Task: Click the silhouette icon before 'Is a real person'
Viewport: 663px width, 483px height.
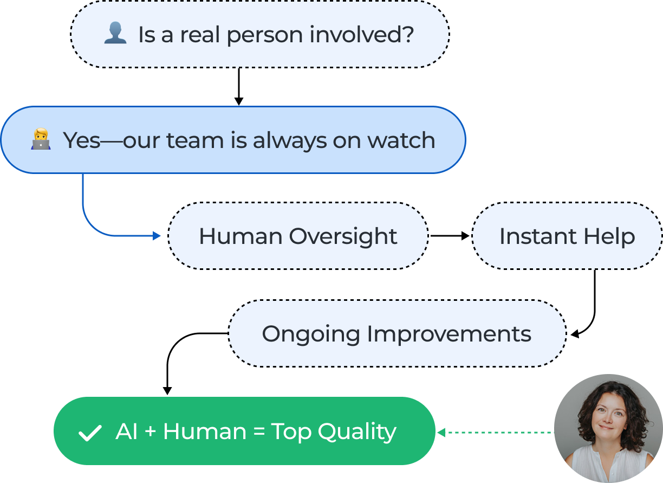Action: [115, 34]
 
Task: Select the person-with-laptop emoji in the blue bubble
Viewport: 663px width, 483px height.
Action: [41, 140]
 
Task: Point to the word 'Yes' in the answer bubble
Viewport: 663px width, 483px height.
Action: [82, 140]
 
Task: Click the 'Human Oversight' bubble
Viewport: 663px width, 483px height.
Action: [298, 236]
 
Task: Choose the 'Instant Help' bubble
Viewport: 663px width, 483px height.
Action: [567, 236]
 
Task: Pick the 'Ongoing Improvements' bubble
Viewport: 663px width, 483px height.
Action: [396, 334]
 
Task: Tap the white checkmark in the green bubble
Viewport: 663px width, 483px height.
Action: [90, 433]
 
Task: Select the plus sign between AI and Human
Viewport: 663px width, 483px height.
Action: [151, 432]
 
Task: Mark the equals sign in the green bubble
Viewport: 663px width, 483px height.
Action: [259, 432]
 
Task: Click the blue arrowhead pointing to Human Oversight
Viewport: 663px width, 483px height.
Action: [157, 236]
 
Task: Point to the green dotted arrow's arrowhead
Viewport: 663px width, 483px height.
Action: [441, 432]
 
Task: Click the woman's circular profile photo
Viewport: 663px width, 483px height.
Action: [608, 428]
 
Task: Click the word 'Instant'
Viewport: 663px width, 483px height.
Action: [530, 236]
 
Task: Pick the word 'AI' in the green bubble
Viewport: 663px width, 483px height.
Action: [127, 432]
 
